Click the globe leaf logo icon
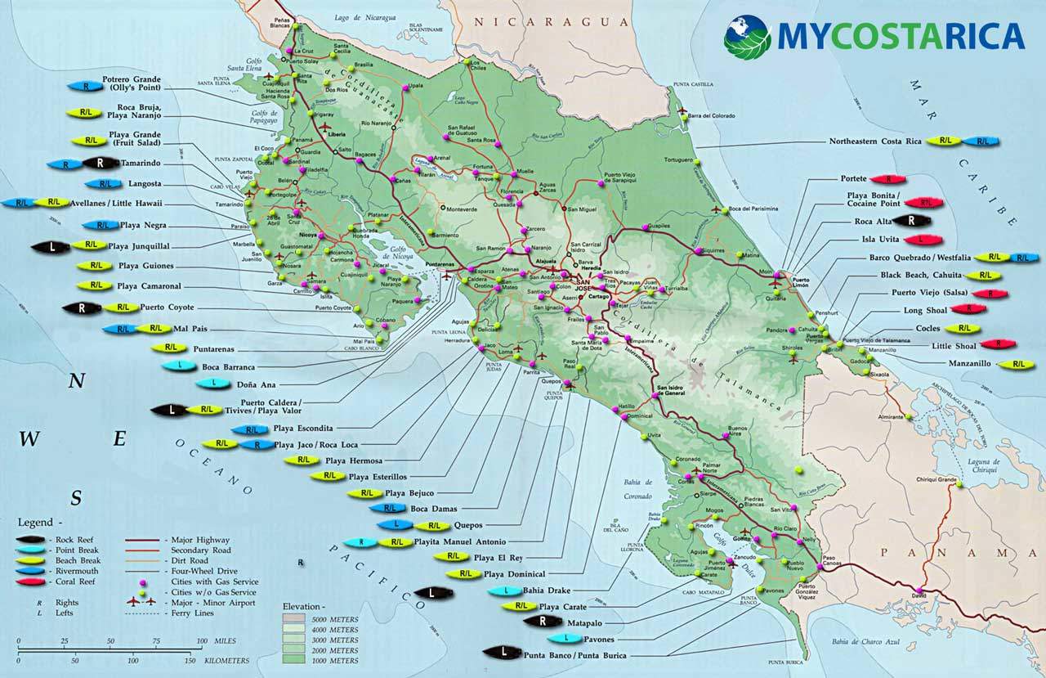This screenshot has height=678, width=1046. click(747, 36)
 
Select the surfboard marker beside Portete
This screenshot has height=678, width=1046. click(887, 179)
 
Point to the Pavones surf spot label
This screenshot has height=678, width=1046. click(598, 639)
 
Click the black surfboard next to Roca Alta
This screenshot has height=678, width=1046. click(911, 220)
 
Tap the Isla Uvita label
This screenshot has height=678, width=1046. click(877, 240)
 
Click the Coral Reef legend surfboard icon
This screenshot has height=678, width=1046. click(32, 581)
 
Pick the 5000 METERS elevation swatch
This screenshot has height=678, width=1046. click(293, 619)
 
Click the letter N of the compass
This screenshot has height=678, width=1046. click(77, 380)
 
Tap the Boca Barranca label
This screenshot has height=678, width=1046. click(228, 367)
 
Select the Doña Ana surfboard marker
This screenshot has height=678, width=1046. click(213, 383)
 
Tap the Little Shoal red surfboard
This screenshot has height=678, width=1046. click(998, 344)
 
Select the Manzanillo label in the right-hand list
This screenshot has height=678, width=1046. click(970, 363)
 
